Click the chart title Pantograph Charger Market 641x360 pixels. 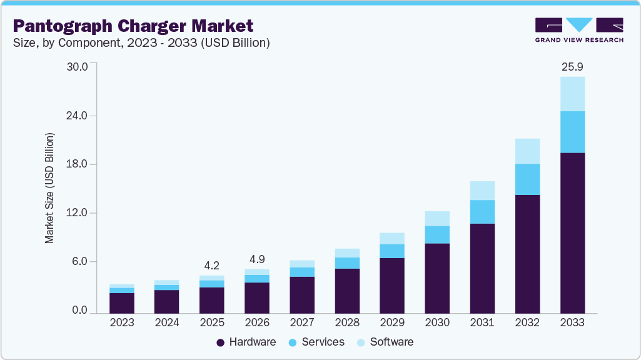click(133, 26)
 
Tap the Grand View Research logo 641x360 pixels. click(579, 30)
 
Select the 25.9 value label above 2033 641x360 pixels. click(572, 66)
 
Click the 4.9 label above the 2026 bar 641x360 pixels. click(256, 258)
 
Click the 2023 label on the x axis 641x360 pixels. click(122, 322)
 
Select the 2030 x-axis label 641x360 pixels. click(437, 322)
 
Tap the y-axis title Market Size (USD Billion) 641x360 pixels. click(49, 188)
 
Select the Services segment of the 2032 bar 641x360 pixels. click(527, 179)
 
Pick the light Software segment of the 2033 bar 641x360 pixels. click(572, 94)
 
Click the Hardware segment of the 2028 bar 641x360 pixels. click(347, 291)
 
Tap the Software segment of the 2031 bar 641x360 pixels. click(482, 191)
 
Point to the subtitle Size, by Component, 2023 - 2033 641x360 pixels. click(141, 43)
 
